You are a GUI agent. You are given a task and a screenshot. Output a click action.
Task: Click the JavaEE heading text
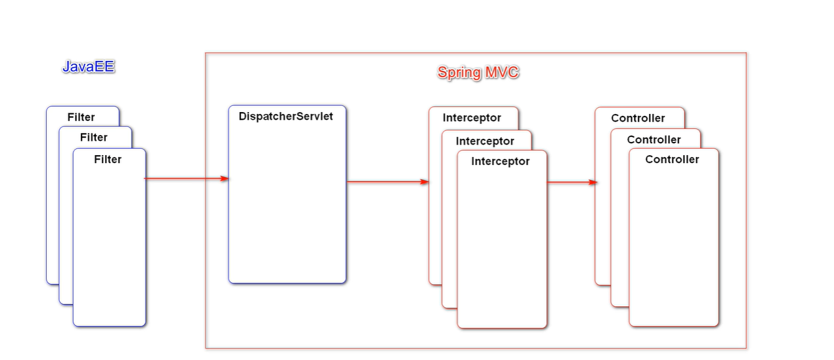point(88,67)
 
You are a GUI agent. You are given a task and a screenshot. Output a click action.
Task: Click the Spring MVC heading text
point(478,72)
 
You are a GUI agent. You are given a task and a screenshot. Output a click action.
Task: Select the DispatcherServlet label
point(286,116)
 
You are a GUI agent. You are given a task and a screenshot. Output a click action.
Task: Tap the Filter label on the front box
point(108,159)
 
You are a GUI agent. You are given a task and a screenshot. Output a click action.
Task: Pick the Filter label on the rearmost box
point(81,117)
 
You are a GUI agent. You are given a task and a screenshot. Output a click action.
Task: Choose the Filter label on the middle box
point(94,138)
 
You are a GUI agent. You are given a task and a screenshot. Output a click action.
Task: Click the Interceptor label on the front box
point(500,161)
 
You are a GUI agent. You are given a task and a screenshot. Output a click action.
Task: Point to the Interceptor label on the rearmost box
point(472,118)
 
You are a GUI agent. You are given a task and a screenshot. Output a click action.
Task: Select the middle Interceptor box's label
point(485,141)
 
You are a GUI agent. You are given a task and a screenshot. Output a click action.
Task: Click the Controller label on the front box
point(672,159)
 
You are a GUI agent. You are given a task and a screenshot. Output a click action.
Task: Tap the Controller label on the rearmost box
point(638,118)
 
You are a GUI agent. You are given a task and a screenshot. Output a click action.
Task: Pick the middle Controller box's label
point(654,140)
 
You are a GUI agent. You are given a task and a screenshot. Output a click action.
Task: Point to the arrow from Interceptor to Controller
point(570,182)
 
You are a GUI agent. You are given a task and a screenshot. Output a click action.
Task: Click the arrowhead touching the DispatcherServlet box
point(225,179)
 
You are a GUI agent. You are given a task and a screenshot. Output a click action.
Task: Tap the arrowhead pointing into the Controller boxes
point(594,182)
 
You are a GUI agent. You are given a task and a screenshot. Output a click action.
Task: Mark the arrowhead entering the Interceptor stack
point(425,182)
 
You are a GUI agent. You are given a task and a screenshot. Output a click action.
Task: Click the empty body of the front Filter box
point(110,249)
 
